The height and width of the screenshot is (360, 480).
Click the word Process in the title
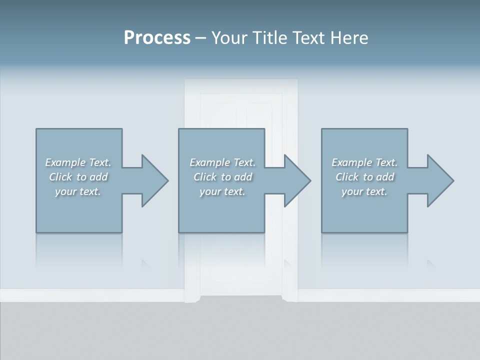(x=157, y=38)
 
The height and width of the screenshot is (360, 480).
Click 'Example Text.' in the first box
(x=78, y=162)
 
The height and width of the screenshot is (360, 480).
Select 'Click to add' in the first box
(x=78, y=177)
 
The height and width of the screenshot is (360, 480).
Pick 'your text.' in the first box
(x=78, y=191)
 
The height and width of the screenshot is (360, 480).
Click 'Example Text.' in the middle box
(x=222, y=162)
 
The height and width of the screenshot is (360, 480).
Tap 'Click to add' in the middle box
(x=222, y=177)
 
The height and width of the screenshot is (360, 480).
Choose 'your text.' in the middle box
(x=222, y=191)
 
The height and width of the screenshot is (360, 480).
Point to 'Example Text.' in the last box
(x=364, y=162)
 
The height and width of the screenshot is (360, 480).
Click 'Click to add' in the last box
(x=364, y=177)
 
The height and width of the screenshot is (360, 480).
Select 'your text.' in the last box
(x=364, y=191)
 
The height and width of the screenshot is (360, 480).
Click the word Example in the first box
(x=65, y=162)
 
